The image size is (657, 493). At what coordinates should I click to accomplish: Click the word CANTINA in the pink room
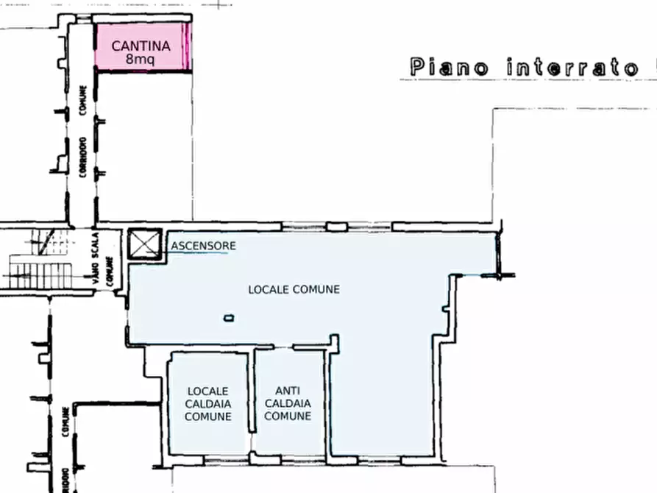(141, 46)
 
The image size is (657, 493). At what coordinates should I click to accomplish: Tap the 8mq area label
(141, 60)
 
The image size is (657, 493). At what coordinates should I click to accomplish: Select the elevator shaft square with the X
(144, 244)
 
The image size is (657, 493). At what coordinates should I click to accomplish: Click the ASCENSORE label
(204, 245)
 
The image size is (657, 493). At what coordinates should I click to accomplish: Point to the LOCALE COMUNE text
(294, 289)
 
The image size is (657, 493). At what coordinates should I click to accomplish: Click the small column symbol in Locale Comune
(229, 318)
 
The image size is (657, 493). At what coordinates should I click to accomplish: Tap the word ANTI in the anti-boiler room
(288, 391)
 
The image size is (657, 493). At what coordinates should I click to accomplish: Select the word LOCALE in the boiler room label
(207, 391)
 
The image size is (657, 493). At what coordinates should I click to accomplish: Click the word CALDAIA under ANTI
(288, 403)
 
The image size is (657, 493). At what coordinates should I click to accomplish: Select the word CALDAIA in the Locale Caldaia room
(207, 403)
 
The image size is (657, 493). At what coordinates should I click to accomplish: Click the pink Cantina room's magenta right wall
(188, 46)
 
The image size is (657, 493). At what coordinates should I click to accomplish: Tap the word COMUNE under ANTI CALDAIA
(288, 416)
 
